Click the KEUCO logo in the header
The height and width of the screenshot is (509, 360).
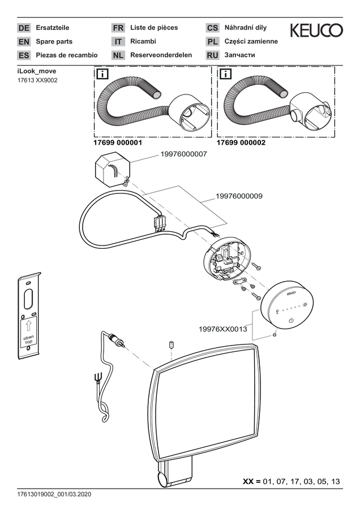pos(316,30)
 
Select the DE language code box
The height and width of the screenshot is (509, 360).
pos(24,28)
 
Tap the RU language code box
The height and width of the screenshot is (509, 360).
pos(212,55)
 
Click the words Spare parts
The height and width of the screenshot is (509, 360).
pos(54,41)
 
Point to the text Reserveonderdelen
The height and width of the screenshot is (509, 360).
pos(161,55)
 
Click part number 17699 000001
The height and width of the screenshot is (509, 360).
pos(118,143)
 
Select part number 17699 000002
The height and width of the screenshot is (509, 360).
pos(241,143)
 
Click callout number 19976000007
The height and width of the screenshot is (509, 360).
pos(183,154)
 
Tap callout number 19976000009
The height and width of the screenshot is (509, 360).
pos(239,196)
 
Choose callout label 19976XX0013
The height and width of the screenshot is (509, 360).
pos(223,329)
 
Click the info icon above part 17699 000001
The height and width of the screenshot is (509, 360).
pos(102,74)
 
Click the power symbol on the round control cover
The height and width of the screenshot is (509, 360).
pos(291,321)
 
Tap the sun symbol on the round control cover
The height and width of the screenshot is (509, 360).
pos(305,305)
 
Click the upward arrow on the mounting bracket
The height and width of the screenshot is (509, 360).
pos(28,326)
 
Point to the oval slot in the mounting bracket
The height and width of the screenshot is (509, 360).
pos(28,299)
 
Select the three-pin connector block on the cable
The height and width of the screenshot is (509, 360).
pos(158,223)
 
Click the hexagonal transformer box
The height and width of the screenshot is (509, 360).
pos(112,169)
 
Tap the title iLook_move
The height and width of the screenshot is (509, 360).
pos(37,71)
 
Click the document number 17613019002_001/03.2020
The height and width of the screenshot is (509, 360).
pos(54,494)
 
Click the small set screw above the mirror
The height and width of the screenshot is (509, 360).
pos(172,345)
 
